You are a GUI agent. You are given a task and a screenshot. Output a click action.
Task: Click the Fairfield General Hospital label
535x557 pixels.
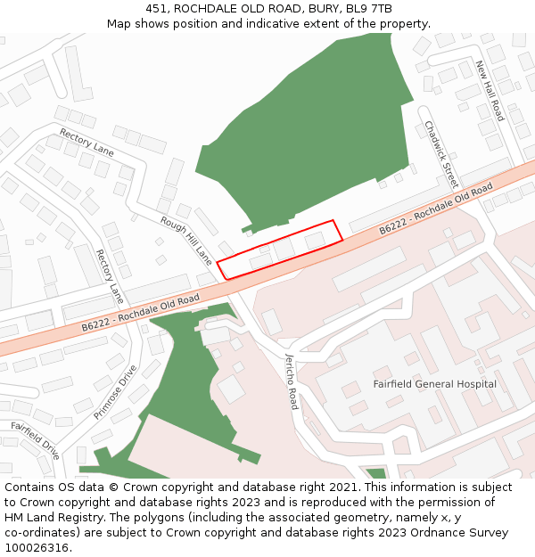(434, 384)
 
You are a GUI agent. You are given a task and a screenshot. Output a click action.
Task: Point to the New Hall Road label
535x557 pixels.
(490, 91)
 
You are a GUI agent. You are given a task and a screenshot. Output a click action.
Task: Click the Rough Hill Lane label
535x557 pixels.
(186, 240)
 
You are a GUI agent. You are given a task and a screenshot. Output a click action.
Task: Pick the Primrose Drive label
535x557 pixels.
(117, 392)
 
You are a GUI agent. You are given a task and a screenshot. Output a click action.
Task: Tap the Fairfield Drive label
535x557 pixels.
(36, 439)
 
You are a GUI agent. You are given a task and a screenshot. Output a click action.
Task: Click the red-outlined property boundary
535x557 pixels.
(280, 250)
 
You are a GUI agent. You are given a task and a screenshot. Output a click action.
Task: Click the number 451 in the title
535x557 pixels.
(156, 9)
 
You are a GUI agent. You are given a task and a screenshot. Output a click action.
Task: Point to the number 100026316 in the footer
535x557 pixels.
(37, 548)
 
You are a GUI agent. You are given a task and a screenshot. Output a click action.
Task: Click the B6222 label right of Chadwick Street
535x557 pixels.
(436, 210)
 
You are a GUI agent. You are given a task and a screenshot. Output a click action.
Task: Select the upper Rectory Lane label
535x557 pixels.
(86, 143)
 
